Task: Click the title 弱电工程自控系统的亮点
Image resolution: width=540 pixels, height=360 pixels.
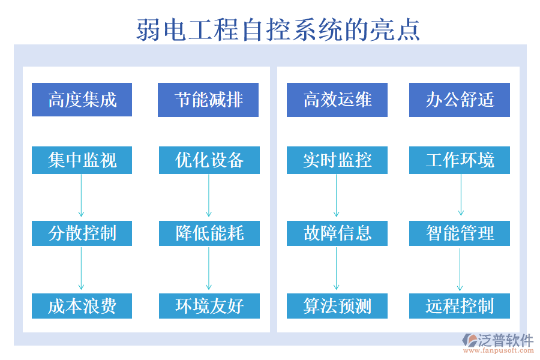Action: (278, 28)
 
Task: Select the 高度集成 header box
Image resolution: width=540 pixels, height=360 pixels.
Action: (82, 100)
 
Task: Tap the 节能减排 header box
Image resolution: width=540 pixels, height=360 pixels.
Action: (208, 100)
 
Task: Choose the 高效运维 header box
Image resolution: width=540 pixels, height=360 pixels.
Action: (337, 100)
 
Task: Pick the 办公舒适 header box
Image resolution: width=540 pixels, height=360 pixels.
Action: (460, 100)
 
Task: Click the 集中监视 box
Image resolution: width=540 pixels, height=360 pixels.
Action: (82, 160)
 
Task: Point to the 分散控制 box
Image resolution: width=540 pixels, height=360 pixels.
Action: (82, 233)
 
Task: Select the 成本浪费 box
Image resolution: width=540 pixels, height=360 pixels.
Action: (82, 306)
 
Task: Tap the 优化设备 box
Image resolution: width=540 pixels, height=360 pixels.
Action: (209, 160)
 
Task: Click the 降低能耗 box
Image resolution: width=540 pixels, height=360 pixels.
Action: (209, 233)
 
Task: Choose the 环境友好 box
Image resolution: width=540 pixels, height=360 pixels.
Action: (209, 306)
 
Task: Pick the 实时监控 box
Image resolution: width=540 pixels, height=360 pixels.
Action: (337, 160)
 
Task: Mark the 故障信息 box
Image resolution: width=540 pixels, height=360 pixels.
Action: (337, 233)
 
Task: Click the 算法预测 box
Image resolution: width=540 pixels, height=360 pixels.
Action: (337, 306)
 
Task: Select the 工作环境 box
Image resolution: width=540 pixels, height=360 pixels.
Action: (460, 160)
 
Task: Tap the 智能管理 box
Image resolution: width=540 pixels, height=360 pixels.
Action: (460, 233)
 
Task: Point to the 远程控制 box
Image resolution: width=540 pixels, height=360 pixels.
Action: (460, 306)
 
